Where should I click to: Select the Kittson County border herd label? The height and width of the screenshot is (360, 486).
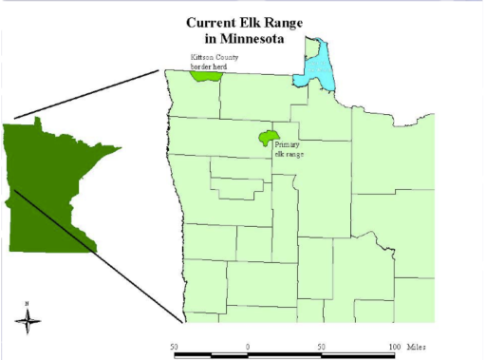tap(214, 63)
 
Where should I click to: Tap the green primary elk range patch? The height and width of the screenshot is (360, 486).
tap(269, 138)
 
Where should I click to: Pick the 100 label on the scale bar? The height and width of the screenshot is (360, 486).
tap(392, 347)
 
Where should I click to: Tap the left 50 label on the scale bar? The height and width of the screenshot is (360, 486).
tap(175, 347)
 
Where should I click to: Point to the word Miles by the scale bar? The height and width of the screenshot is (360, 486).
tap(417, 347)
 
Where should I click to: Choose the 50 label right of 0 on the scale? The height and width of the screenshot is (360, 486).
tap(321, 347)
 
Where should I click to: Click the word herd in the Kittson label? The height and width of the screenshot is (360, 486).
tap(225, 67)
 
